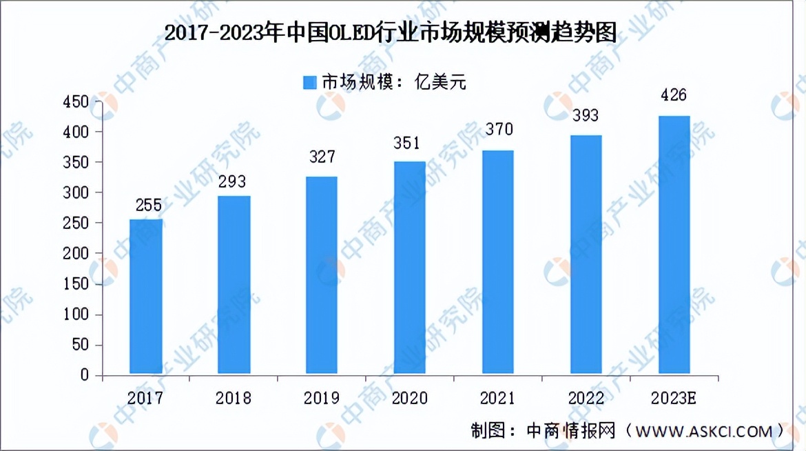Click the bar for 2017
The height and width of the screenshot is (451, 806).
[146, 297]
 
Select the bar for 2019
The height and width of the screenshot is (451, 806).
[322, 276]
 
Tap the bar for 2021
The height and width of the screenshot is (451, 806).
[497, 262]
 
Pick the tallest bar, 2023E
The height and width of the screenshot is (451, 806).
[674, 245]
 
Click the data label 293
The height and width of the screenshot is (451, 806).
[234, 183]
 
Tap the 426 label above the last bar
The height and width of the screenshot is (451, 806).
[674, 96]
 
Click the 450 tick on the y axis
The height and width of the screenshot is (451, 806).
[76, 102]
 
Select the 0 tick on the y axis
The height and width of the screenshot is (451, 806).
[85, 376]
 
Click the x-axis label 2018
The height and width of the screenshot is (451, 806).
[234, 398]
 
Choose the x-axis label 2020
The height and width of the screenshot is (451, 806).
[410, 398]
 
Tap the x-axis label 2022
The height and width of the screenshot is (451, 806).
[586, 398]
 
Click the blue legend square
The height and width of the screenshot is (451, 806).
[310, 82]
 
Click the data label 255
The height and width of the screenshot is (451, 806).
[146, 205]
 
